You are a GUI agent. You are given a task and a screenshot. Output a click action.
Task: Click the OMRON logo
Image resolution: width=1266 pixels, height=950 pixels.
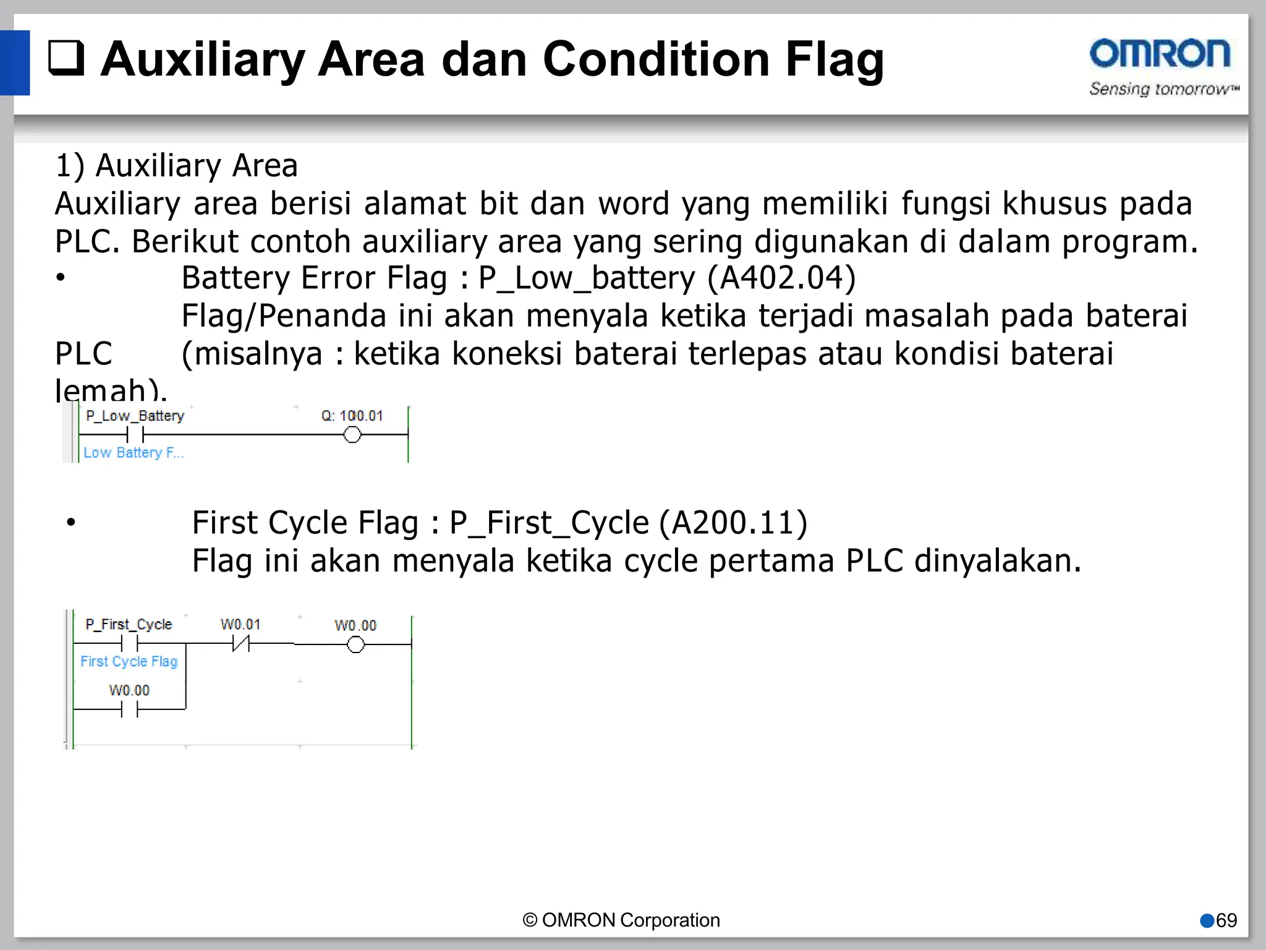tap(1160, 54)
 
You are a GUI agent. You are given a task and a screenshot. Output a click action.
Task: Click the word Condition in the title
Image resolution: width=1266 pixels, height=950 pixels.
tap(656, 59)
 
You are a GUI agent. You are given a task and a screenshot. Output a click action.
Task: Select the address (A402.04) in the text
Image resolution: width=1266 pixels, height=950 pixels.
tap(781, 278)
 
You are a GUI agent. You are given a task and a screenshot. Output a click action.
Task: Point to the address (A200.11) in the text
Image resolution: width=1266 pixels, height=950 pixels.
tap(733, 523)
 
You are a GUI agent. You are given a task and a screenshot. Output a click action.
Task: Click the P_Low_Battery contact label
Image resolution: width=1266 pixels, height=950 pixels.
tap(135, 416)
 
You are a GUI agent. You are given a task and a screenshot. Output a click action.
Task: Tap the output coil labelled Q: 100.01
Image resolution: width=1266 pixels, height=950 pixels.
tap(352, 435)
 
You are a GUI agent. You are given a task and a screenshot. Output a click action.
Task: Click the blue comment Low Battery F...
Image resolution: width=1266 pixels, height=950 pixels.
tap(134, 453)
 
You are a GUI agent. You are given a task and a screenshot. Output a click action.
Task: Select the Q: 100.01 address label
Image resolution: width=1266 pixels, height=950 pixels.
tap(352, 416)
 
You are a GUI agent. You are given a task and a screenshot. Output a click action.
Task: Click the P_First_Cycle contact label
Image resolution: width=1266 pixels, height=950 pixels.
tap(129, 624)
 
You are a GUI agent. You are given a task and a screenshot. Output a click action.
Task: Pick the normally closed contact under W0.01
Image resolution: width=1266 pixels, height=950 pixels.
tap(240, 644)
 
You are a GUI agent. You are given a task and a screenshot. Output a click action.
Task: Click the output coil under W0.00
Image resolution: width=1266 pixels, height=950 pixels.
tap(355, 645)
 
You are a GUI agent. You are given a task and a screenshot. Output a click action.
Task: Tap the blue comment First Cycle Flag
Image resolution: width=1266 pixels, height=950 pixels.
tap(129, 661)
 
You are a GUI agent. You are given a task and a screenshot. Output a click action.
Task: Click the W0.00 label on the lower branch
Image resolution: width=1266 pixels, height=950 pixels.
tap(129, 690)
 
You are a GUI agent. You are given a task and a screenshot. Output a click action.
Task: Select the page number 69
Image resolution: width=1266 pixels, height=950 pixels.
tap(1226, 920)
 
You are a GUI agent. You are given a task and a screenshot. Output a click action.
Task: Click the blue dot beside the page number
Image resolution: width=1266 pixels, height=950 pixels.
tap(1207, 921)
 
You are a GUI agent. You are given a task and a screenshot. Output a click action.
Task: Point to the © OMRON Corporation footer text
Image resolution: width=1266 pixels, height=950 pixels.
tap(621, 920)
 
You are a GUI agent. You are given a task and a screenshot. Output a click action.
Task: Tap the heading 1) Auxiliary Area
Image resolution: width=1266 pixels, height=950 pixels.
tap(177, 166)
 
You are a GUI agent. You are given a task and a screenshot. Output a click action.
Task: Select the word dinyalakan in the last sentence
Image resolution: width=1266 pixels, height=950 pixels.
tap(997, 561)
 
